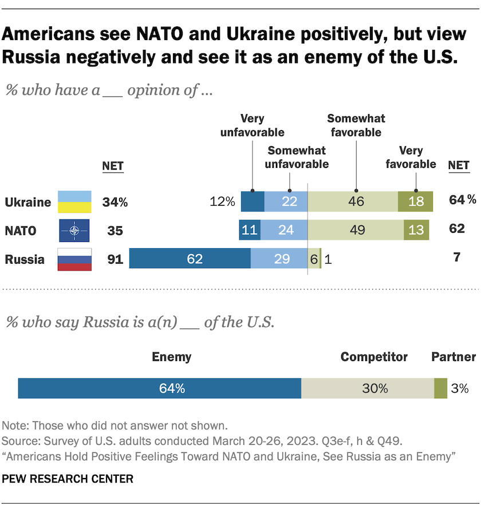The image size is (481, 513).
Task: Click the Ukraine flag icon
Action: (x=74, y=202)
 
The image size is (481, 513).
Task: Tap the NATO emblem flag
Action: (x=74, y=230)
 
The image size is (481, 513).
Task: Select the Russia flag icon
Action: (x=74, y=259)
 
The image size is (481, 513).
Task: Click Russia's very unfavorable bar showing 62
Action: (x=190, y=259)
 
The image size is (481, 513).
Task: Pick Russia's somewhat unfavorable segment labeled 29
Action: (x=279, y=259)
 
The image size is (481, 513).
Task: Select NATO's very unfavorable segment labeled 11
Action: (x=250, y=230)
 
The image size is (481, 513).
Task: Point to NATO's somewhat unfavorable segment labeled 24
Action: (x=284, y=230)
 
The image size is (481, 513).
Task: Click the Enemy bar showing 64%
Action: (x=160, y=388)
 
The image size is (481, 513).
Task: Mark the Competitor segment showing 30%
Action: (x=368, y=388)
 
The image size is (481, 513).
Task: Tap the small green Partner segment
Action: (x=440, y=388)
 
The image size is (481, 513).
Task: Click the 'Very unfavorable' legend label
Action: (x=253, y=126)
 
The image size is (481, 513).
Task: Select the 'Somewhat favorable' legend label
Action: (x=356, y=126)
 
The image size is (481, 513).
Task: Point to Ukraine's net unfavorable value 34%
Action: (x=115, y=202)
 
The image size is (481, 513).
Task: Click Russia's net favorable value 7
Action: (x=456, y=259)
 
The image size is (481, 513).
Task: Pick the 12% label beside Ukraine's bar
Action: (x=223, y=202)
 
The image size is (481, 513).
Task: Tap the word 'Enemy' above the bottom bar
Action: (x=171, y=357)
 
